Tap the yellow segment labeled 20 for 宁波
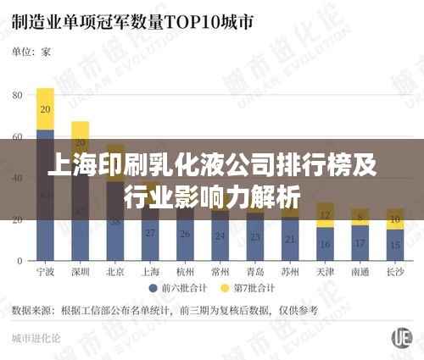click(x=46, y=109)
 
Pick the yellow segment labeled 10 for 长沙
click(x=394, y=220)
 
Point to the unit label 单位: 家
click(x=31, y=52)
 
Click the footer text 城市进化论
click(x=36, y=338)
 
